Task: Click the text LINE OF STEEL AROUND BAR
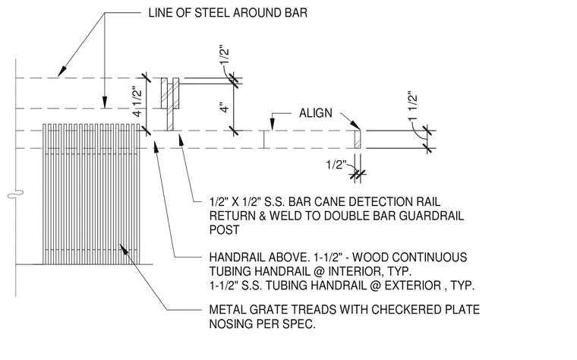click(228, 13)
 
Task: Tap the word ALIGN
click(315, 113)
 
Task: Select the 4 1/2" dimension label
click(137, 102)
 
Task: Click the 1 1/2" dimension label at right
click(413, 106)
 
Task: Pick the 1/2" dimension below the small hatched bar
click(336, 165)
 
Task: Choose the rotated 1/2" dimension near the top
click(225, 57)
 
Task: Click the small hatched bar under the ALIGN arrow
click(358, 139)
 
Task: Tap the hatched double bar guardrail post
click(170, 104)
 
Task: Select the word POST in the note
click(224, 229)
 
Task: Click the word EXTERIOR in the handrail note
click(413, 286)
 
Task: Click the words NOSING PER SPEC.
click(263, 324)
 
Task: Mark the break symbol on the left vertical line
click(15, 194)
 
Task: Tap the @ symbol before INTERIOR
click(318, 271)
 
